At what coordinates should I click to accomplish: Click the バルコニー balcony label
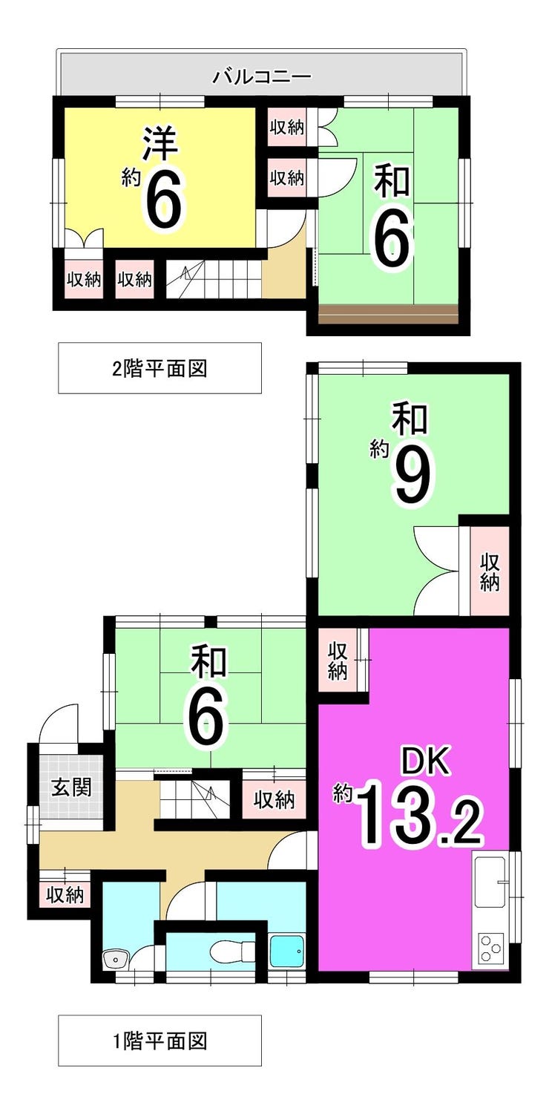(x=261, y=76)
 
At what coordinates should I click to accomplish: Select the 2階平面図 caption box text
(x=160, y=368)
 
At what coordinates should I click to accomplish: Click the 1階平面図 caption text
(x=160, y=1041)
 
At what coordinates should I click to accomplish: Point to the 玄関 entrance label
(x=71, y=787)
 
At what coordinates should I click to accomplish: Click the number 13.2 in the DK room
(x=421, y=818)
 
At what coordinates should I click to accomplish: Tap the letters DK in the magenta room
(x=426, y=763)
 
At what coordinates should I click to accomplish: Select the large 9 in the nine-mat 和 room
(x=411, y=479)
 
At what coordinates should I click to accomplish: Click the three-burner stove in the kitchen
(x=490, y=948)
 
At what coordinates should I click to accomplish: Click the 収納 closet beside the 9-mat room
(x=487, y=571)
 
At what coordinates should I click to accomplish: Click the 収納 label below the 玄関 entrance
(x=65, y=895)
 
